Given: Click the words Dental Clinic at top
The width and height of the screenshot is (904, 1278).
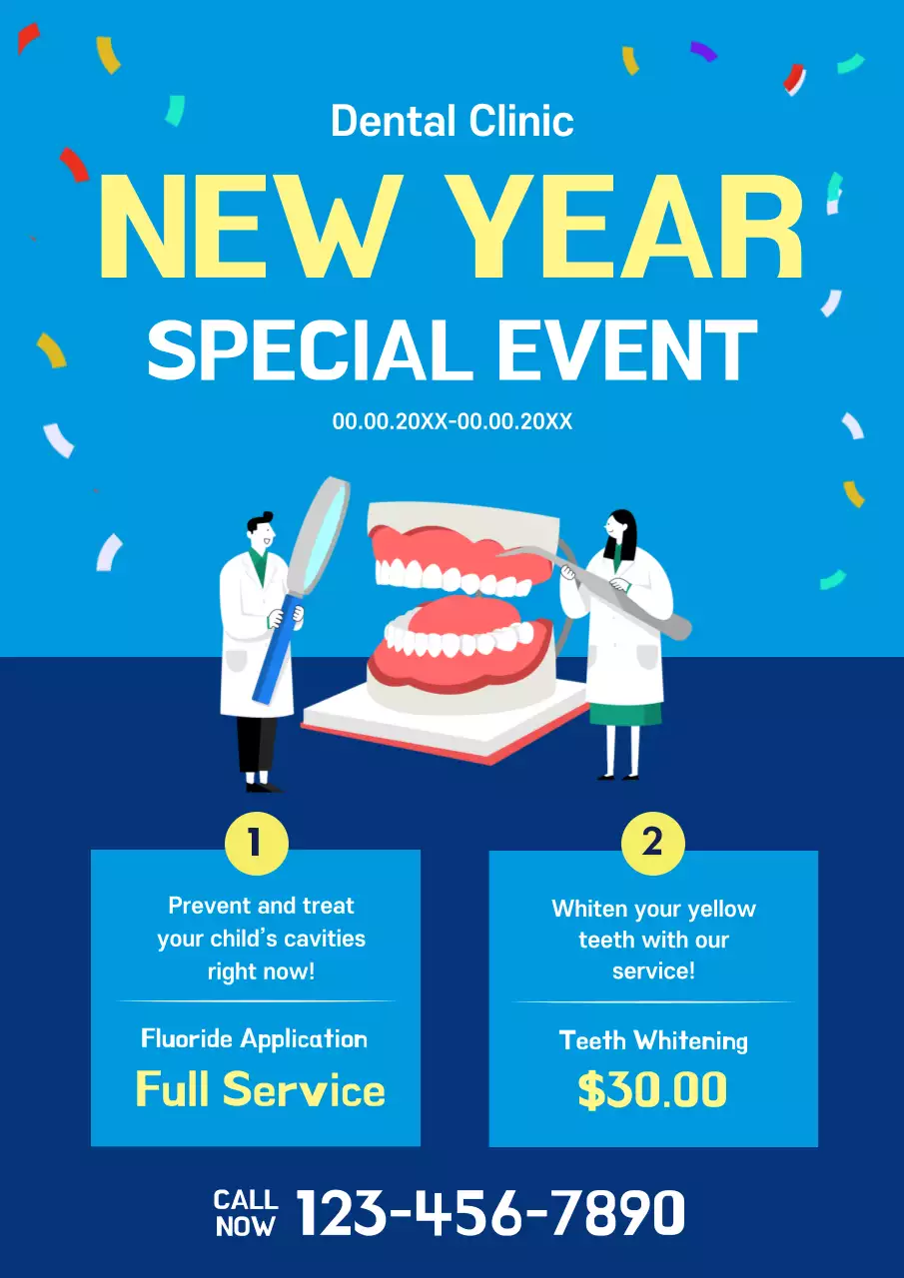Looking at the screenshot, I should [452, 122].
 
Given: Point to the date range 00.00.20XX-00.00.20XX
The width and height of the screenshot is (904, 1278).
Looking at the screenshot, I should [452, 421].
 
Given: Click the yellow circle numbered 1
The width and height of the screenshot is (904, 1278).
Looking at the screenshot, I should [256, 844].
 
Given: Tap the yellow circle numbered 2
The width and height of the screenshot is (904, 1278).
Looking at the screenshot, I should [652, 844].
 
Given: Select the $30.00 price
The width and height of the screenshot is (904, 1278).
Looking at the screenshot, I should [652, 1090].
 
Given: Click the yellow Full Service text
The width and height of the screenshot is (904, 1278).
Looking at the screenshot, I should [260, 1088].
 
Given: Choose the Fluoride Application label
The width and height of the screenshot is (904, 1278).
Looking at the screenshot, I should [255, 1038].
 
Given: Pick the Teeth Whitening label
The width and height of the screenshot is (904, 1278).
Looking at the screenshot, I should [653, 1040].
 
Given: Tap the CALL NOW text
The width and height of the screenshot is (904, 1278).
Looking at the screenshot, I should [246, 1212].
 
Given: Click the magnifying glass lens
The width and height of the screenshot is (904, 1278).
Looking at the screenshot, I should [318, 534].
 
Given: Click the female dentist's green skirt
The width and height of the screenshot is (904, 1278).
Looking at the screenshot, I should [624, 713].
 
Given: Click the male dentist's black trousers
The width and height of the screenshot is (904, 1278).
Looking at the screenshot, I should [257, 744].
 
